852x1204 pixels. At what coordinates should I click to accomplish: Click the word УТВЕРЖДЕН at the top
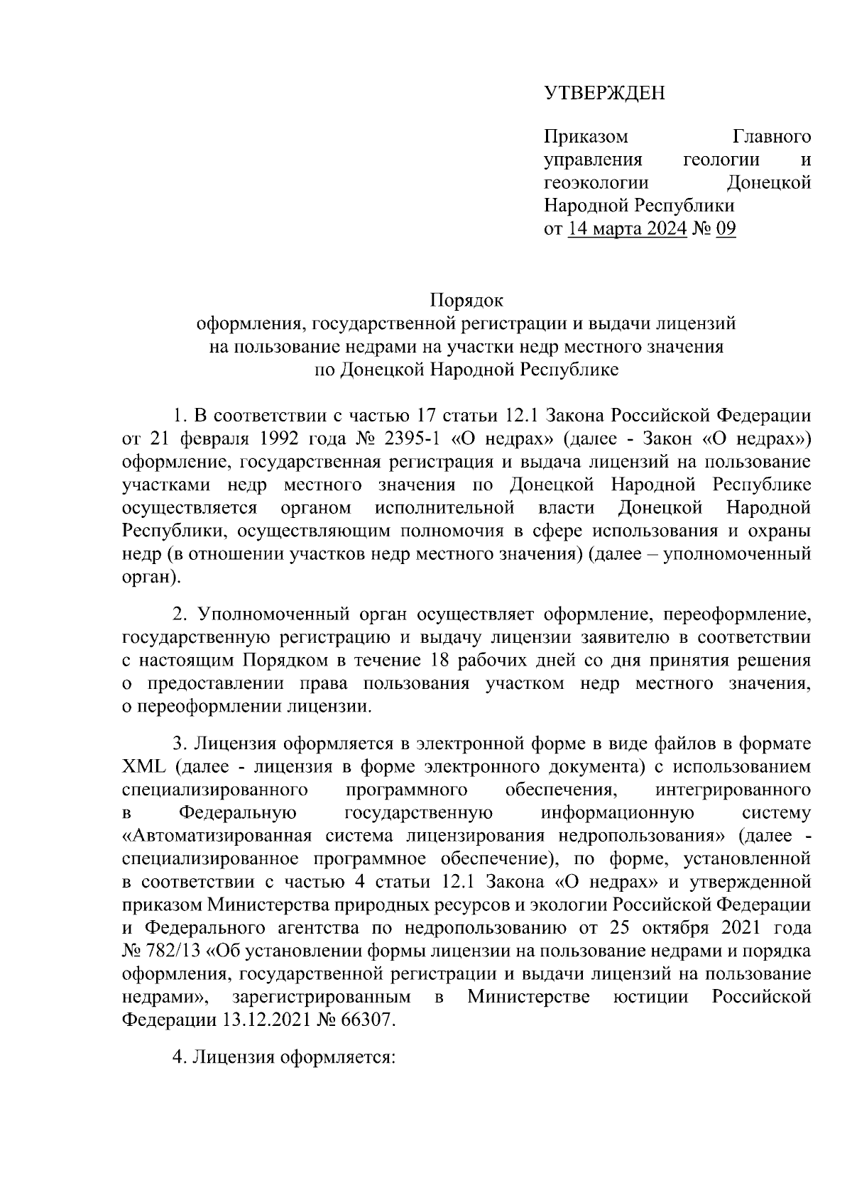[604, 93]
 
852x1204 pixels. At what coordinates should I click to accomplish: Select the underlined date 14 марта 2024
[628, 228]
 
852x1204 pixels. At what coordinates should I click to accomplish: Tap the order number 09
[726, 228]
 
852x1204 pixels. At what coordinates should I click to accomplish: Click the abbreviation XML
[143, 767]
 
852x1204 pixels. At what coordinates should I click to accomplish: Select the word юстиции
[650, 997]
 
